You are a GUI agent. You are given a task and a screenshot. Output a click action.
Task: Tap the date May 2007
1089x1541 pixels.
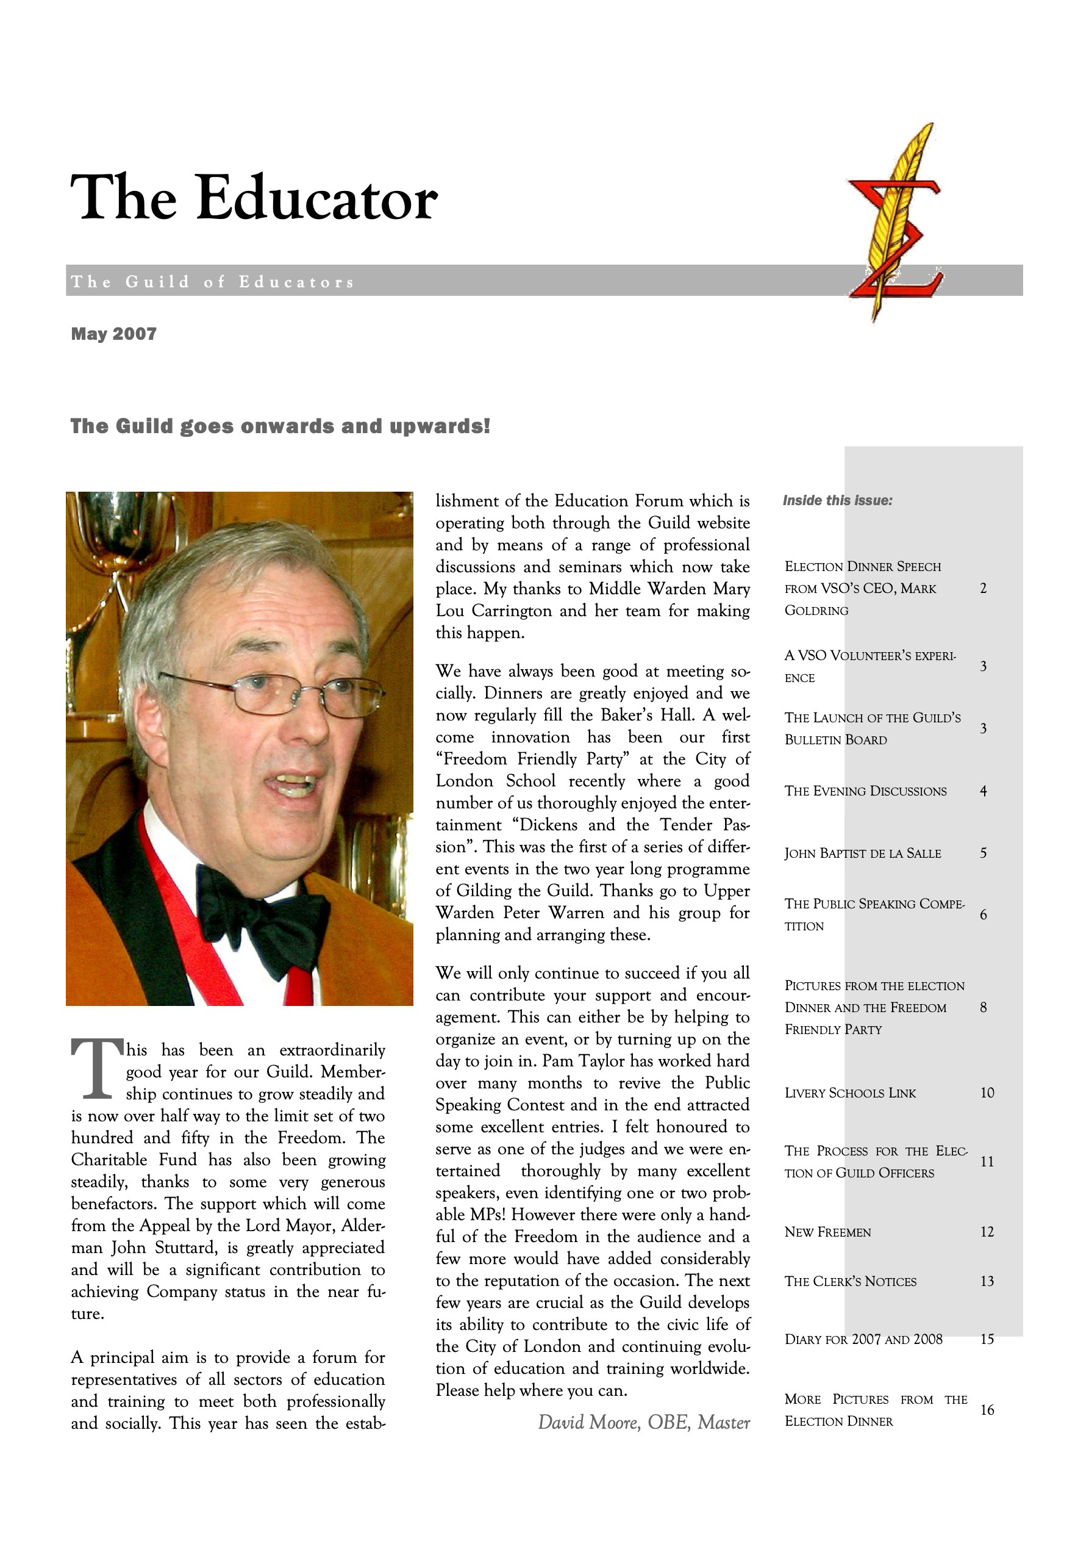click(114, 334)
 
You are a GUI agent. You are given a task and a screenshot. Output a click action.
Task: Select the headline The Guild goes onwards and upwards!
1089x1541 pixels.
click(280, 426)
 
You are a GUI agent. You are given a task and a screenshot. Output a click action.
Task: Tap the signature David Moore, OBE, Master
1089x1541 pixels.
click(643, 1422)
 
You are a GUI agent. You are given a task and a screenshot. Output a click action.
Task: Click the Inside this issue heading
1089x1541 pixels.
click(837, 501)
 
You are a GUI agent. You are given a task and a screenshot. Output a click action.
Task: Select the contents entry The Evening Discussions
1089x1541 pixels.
click(866, 791)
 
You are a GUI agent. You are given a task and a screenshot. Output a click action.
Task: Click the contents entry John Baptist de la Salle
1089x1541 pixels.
click(863, 853)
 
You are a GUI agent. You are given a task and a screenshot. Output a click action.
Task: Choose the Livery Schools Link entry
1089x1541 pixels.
click(850, 1093)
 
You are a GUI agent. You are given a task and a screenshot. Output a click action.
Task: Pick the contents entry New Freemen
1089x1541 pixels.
click(828, 1232)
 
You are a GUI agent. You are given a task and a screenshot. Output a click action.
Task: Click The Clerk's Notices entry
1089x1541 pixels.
click(850, 1281)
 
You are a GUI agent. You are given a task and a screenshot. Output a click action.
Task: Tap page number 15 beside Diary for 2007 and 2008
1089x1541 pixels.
click(987, 1339)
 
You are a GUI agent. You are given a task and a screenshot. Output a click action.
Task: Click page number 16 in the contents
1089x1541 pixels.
click(987, 1410)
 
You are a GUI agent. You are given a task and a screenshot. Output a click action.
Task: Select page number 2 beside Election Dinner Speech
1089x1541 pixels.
click(983, 589)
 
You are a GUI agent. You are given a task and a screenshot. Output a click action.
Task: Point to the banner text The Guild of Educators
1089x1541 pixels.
click(213, 282)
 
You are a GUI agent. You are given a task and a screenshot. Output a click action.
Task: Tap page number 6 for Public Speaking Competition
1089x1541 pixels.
click(983, 915)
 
